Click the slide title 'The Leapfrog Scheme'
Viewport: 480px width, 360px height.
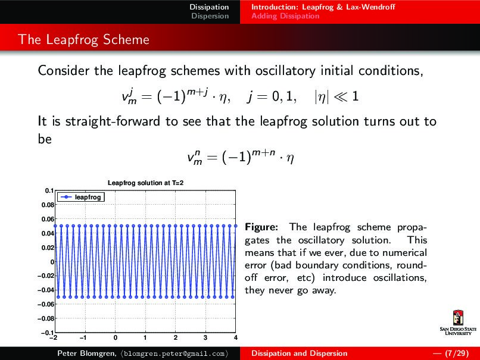pos(83,40)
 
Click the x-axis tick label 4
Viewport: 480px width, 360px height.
pos(236,338)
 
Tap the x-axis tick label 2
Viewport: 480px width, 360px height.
pos(175,338)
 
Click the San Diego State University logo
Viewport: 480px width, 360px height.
pos(458,324)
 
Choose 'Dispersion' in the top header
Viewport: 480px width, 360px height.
pos(210,16)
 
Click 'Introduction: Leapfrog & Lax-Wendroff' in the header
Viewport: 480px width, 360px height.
pos(323,7)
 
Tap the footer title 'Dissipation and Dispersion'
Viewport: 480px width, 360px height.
pos(300,353)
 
